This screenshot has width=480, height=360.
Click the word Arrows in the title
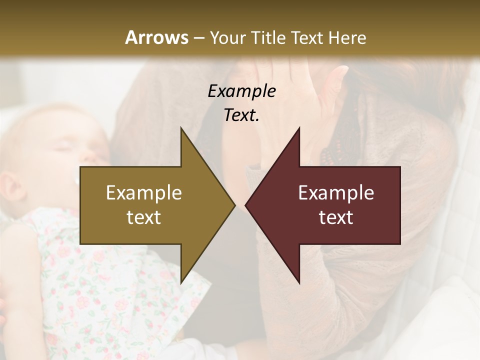click(156, 37)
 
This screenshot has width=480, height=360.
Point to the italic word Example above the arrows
click(241, 91)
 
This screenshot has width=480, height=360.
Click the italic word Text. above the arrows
click(241, 115)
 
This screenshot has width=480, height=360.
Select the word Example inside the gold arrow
click(144, 193)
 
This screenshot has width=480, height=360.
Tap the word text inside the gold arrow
click(144, 217)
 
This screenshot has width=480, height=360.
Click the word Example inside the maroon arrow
click(336, 193)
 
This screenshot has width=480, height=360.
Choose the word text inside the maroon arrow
click(336, 217)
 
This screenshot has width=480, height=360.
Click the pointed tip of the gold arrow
click(234, 205)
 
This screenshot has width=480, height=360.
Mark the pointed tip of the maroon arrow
click(246, 205)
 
